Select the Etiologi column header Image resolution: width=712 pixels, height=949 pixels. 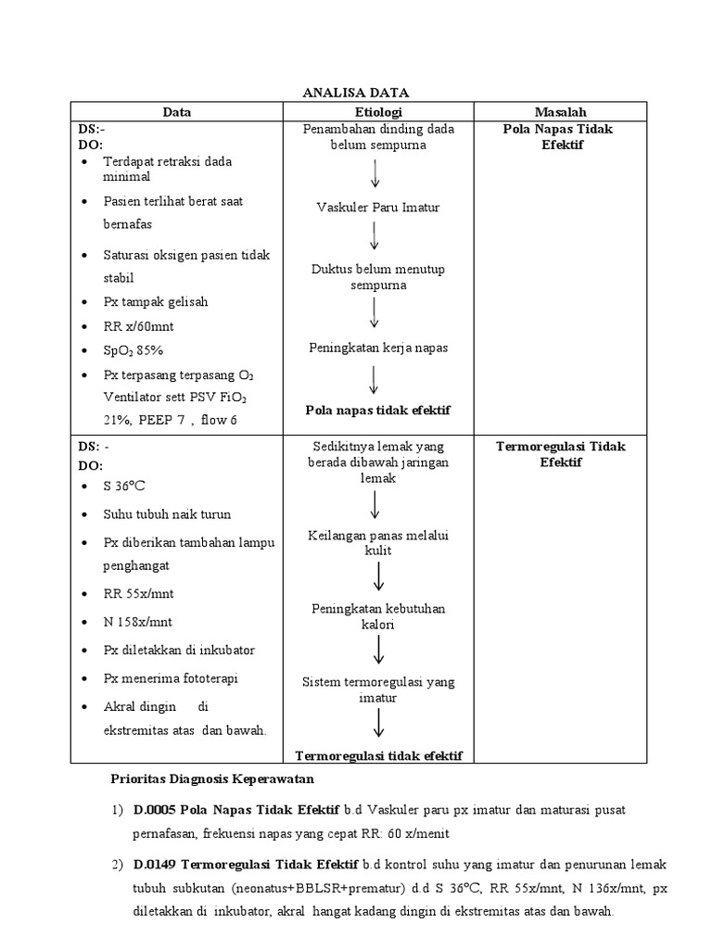pyautogui.click(x=377, y=112)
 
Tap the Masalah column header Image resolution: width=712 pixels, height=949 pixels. pyautogui.click(x=560, y=112)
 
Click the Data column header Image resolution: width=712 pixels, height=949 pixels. pyautogui.click(x=177, y=112)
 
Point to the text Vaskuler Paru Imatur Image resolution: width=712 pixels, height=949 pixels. pyautogui.click(x=377, y=208)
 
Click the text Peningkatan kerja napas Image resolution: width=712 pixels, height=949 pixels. pyautogui.click(x=377, y=348)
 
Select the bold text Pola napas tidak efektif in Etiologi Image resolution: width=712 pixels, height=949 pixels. pyautogui.click(x=377, y=410)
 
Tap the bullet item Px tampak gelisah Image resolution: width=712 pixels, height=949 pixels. pyautogui.click(x=155, y=302)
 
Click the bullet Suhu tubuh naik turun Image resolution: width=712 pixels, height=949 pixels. pyautogui.click(x=167, y=514)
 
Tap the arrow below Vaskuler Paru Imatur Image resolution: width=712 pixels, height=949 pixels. pyautogui.click(x=375, y=234)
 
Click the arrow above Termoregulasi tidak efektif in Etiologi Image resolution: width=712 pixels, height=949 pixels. pyautogui.click(x=378, y=723)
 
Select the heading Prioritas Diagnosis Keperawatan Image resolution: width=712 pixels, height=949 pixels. pyautogui.click(x=212, y=778)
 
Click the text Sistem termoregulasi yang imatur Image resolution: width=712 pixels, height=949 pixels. pyautogui.click(x=377, y=690)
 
